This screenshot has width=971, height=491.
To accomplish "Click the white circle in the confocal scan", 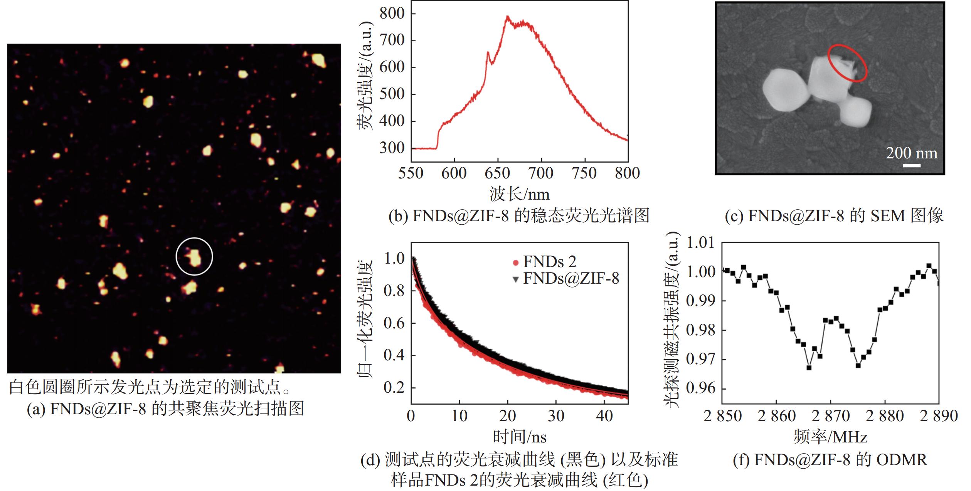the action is click(176, 256).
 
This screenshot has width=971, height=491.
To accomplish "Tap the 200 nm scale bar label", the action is click(911, 153).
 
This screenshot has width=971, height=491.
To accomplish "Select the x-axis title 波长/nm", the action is click(520, 194).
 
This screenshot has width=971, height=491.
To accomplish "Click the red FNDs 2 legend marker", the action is click(516, 263).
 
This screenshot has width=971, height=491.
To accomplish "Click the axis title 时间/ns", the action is click(520, 437).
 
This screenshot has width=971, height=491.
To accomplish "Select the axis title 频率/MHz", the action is click(830, 437).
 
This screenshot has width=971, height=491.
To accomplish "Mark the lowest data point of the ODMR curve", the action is click(809, 367).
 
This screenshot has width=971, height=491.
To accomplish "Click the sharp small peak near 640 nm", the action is click(488, 52).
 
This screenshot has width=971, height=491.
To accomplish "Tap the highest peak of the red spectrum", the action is click(508, 17).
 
